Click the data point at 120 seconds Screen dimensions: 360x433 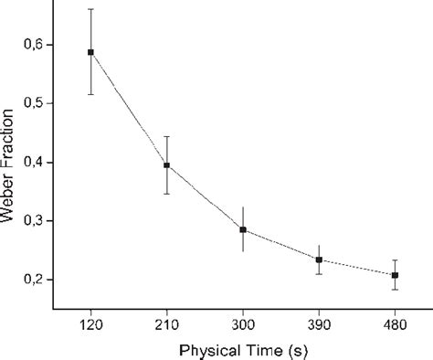[90, 52]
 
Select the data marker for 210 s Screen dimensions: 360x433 [166, 165]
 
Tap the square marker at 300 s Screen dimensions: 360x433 [243, 229]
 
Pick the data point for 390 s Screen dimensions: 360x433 [319, 259]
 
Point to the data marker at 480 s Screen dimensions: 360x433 [395, 275]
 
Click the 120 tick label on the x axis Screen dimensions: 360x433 [90, 324]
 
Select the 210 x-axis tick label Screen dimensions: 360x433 [166, 324]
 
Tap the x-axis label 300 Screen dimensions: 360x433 [243, 324]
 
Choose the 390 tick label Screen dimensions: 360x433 [319, 324]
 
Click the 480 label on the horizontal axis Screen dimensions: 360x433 [395, 324]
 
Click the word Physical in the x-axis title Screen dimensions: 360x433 [198, 348]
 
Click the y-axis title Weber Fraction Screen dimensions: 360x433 [12, 162]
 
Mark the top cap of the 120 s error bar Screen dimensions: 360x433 [90, 9]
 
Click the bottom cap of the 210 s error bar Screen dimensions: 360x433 [166, 194]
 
